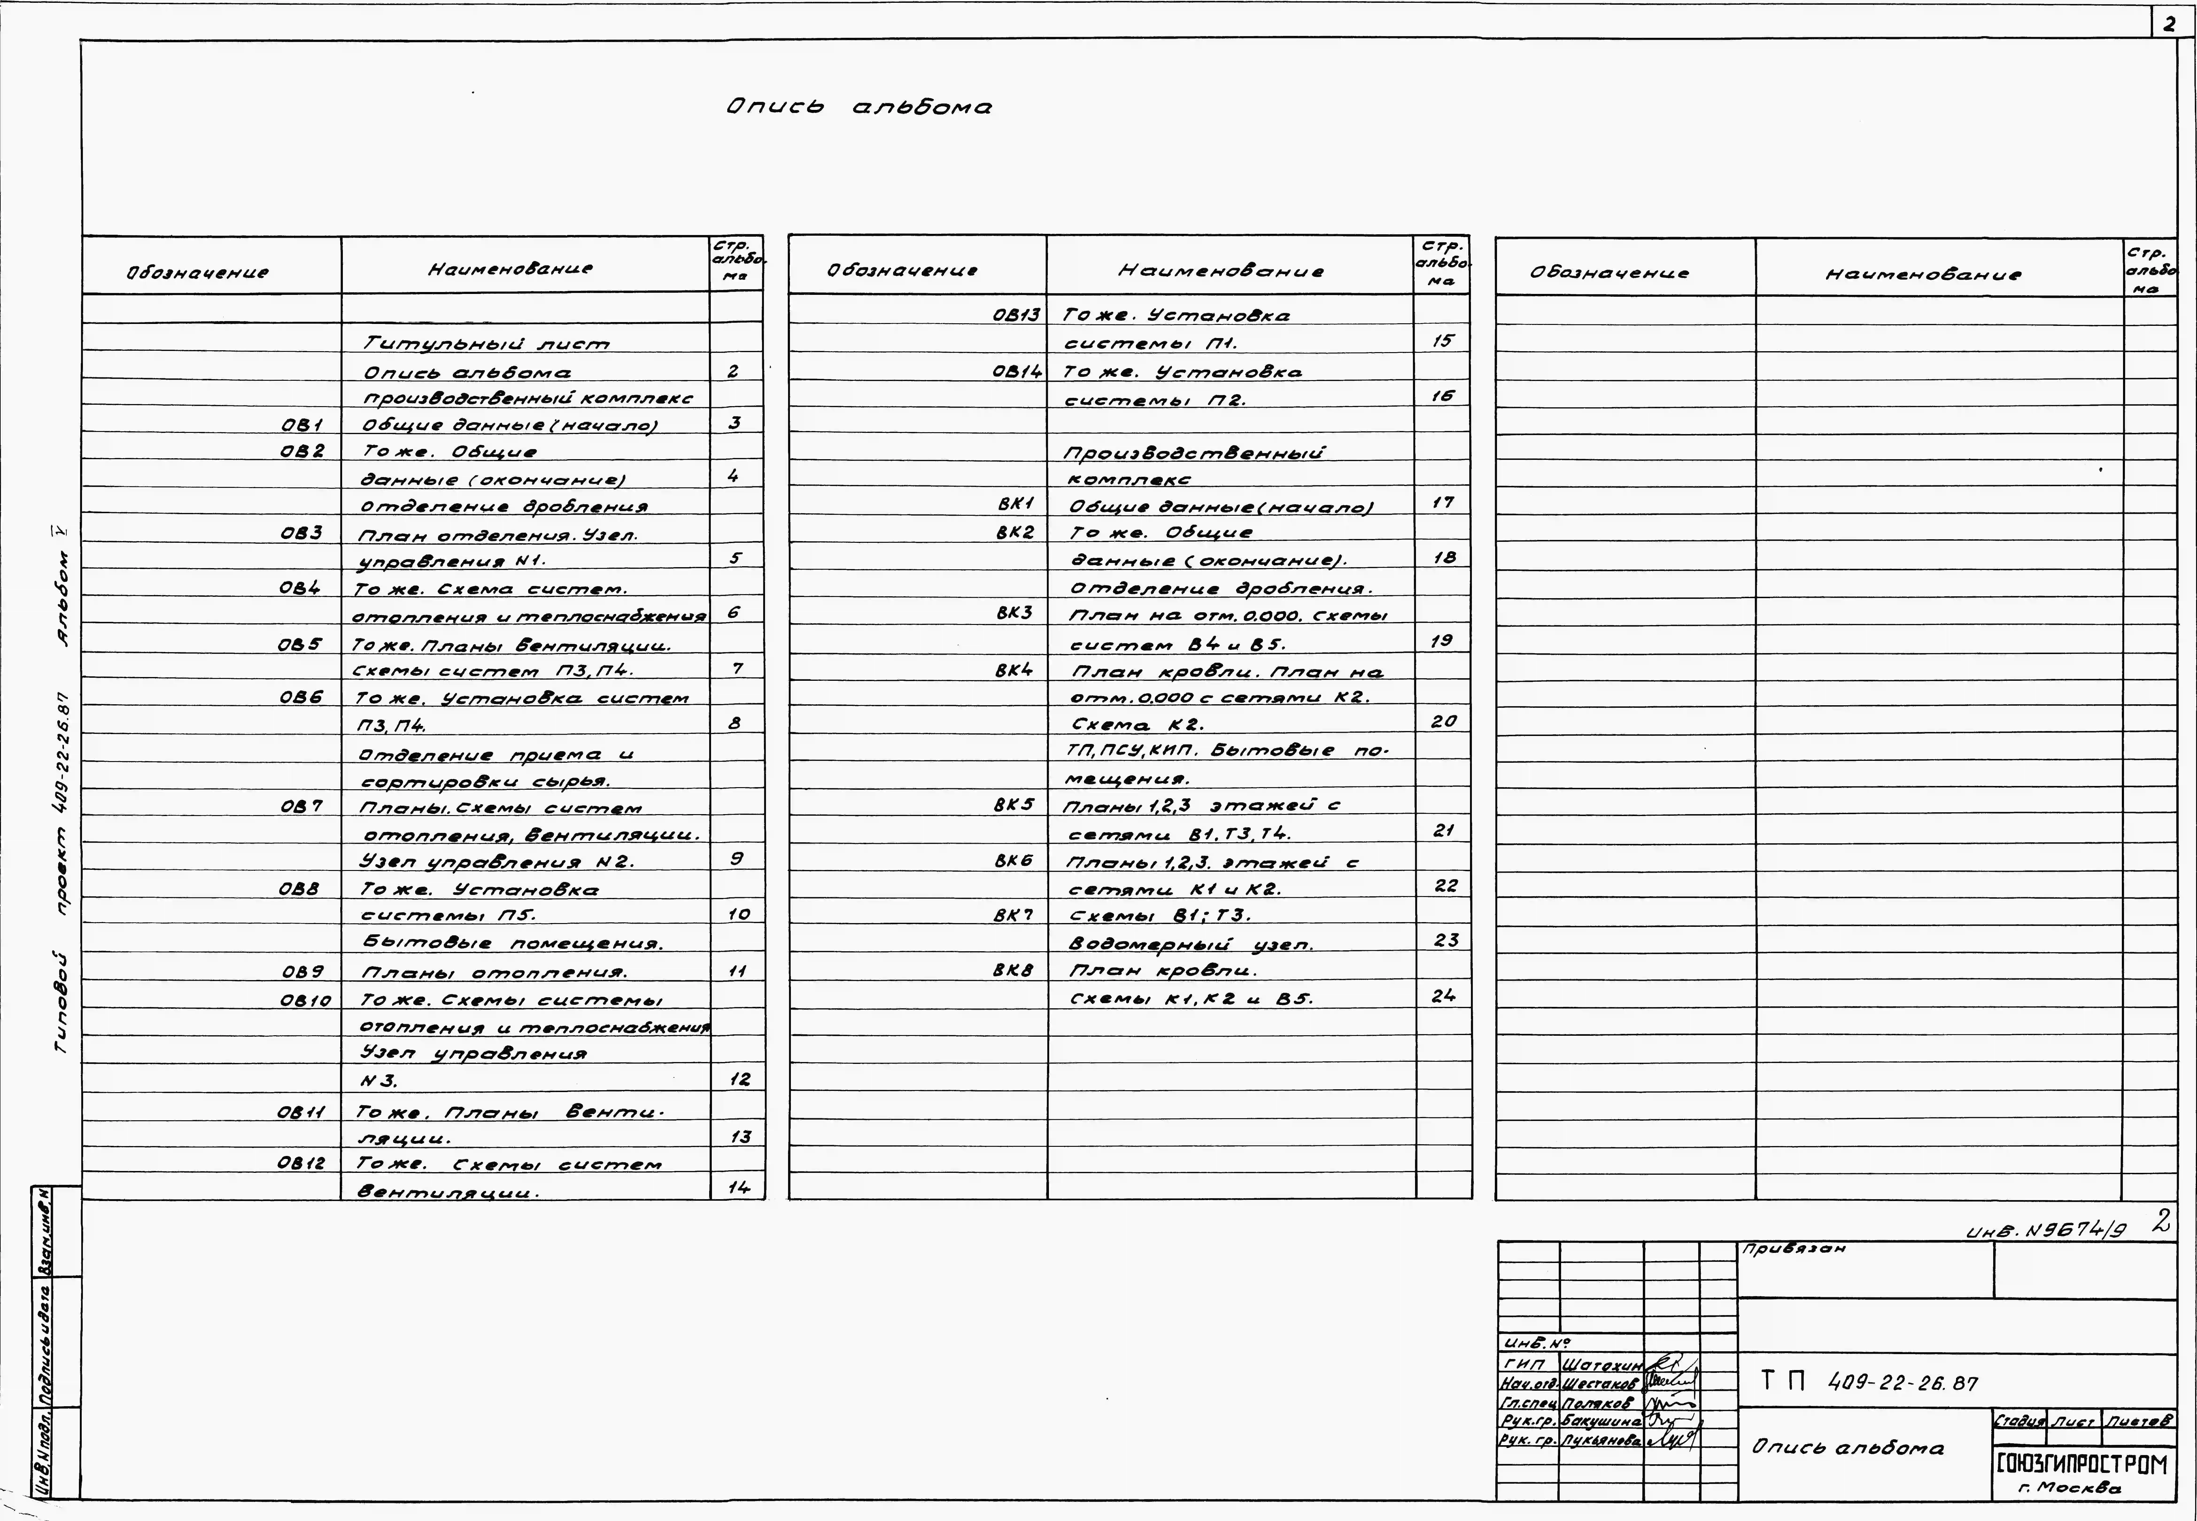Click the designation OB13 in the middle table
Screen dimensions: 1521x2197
pyautogui.click(x=1016, y=315)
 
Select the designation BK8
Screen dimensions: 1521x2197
pyautogui.click(x=1014, y=970)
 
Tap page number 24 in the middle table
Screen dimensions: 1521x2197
pyautogui.click(x=1443, y=996)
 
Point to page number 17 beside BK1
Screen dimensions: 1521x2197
pyautogui.click(x=1443, y=502)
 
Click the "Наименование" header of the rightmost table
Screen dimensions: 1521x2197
pyautogui.click(x=1922, y=274)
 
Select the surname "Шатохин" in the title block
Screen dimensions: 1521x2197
pyautogui.click(x=1602, y=1366)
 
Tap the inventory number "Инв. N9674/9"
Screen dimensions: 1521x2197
pyautogui.click(x=2046, y=1230)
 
